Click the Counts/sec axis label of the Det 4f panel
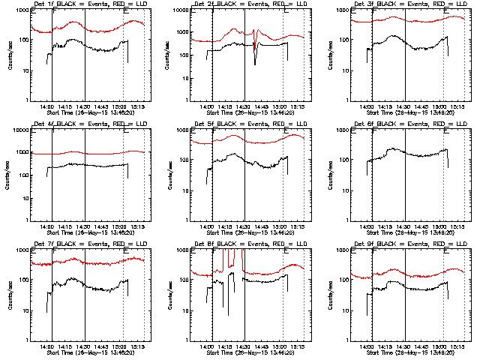[10, 176]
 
